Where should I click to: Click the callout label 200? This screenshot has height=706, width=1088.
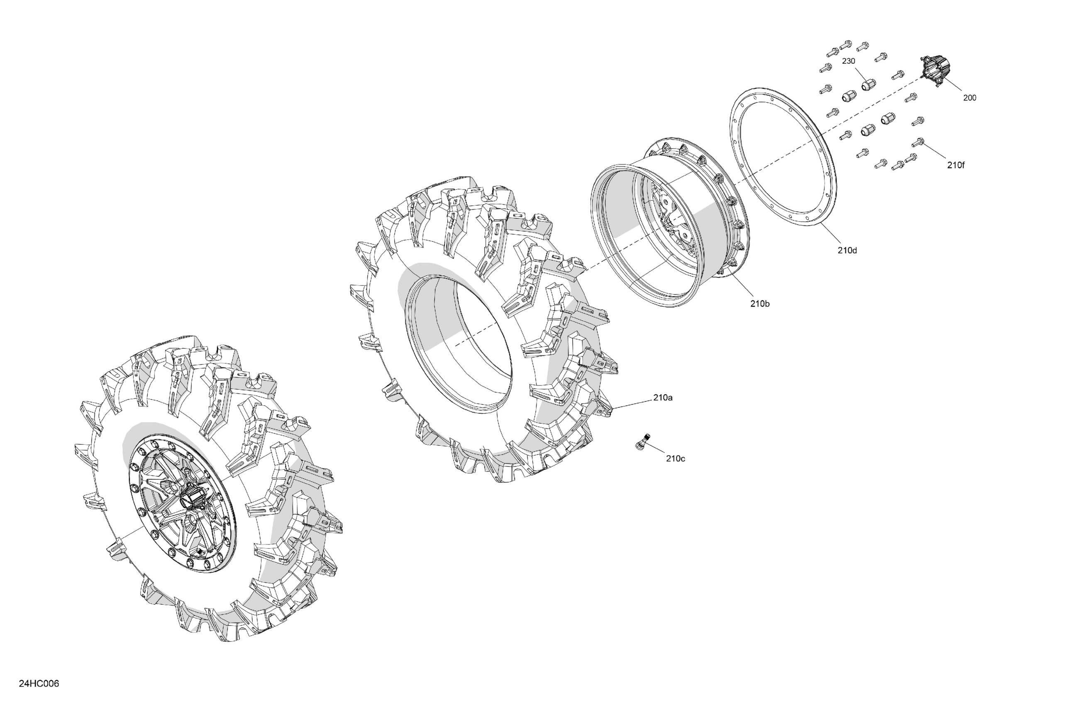pyautogui.click(x=970, y=98)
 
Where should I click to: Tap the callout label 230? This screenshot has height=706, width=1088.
pyautogui.click(x=849, y=61)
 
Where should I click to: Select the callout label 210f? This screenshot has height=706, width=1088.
pyautogui.click(x=956, y=166)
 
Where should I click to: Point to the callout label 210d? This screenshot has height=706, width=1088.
pyautogui.click(x=848, y=250)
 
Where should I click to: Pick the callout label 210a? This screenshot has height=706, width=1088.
pyautogui.click(x=663, y=397)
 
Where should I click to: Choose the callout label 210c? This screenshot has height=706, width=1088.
pyautogui.click(x=675, y=458)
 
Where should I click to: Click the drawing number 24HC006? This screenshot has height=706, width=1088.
pyautogui.click(x=39, y=684)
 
